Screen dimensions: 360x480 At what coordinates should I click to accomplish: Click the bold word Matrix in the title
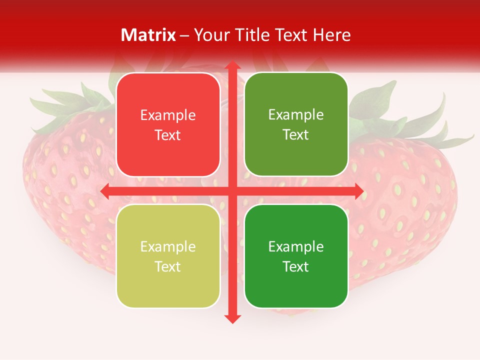(148, 35)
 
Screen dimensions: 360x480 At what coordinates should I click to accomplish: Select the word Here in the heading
(331, 35)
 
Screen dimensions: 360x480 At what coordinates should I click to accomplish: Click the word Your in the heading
(210, 35)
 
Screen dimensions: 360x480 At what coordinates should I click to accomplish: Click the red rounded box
(168, 124)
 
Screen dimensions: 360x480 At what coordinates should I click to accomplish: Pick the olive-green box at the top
(296, 124)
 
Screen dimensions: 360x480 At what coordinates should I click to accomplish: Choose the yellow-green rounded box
(168, 256)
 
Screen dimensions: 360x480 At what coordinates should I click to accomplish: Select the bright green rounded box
(296, 256)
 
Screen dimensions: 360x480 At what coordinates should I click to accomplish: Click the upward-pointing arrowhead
(232, 66)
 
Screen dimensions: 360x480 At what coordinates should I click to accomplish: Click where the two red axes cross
(232, 191)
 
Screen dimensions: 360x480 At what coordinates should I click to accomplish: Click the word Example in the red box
(168, 115)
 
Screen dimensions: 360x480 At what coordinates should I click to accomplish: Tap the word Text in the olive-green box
(296, 134)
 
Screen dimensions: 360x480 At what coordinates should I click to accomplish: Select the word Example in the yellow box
(168, 246)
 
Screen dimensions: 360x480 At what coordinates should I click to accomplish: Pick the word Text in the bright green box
(296, 266)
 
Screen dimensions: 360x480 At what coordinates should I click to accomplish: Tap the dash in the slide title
(184, 35)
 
